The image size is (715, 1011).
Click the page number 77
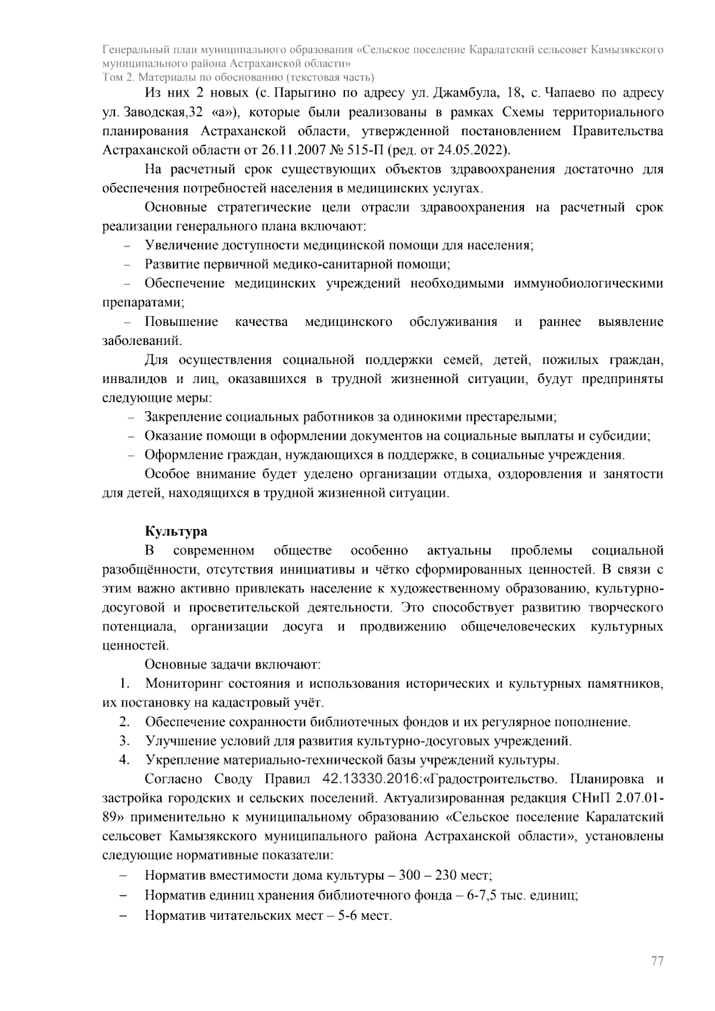click(657, 962)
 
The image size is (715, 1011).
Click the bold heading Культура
click(176, 531)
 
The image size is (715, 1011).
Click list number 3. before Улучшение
click(125, 741)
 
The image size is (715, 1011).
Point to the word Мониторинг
click(181, 684)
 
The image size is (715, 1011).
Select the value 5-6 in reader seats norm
click(350, 914)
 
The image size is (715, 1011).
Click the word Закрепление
click(184, 417)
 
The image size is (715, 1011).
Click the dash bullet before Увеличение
click(127, 246)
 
